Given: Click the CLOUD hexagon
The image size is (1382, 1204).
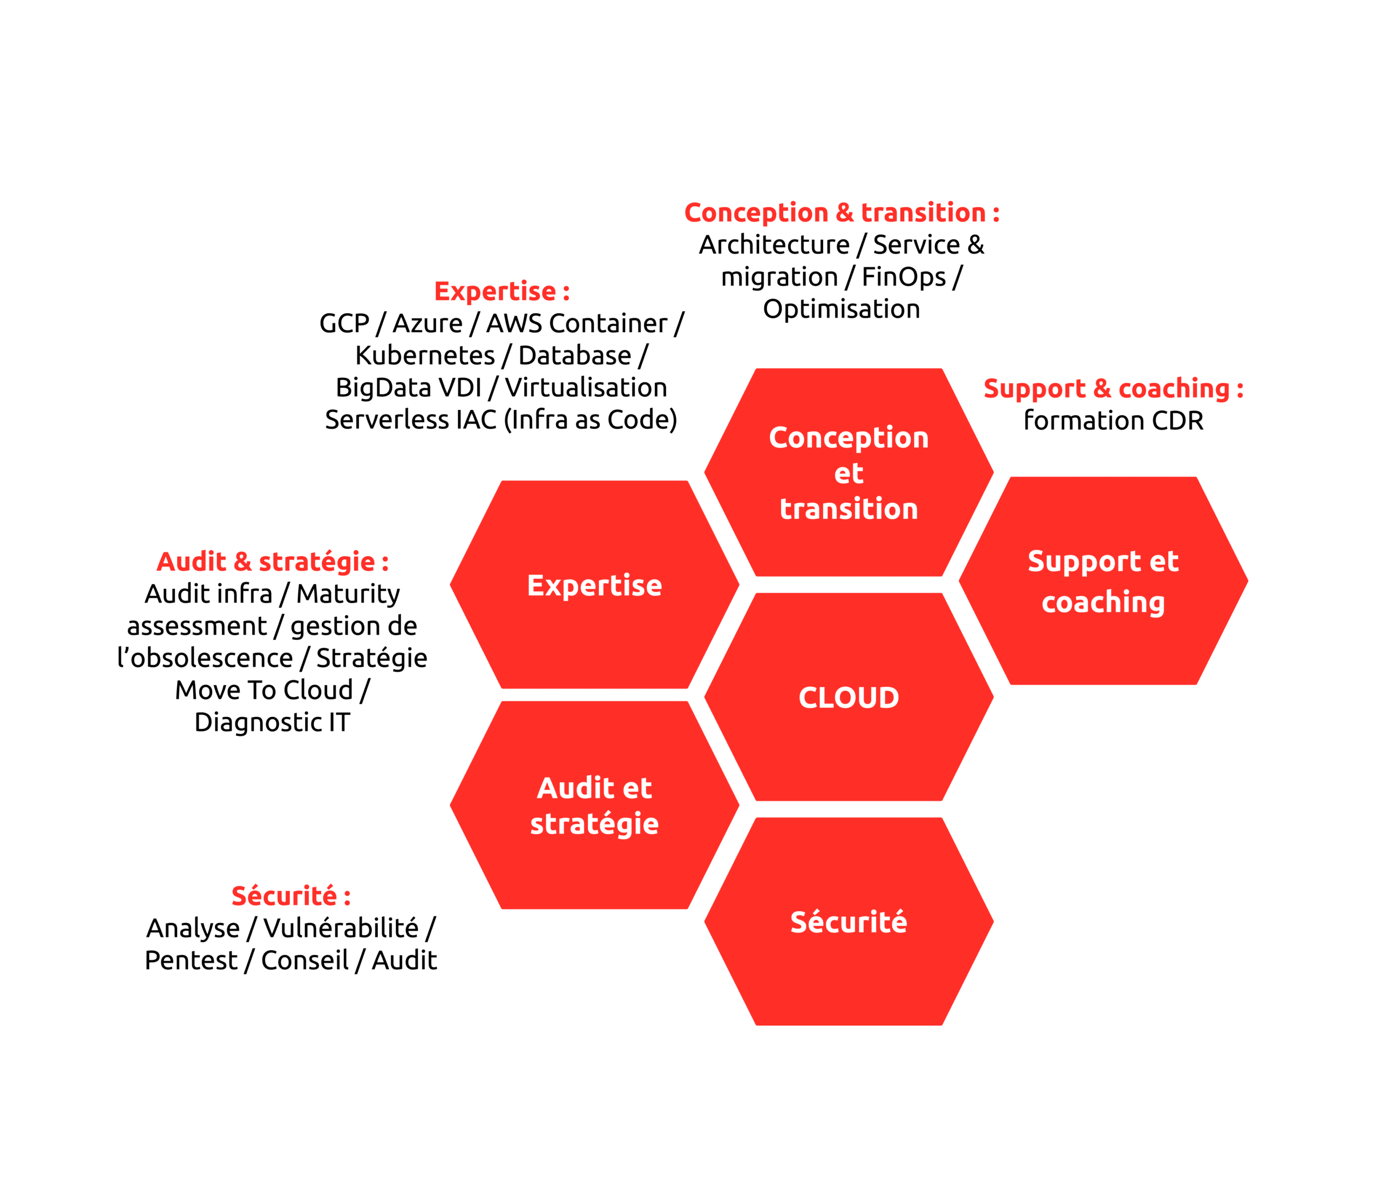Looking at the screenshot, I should [x=849, y=698].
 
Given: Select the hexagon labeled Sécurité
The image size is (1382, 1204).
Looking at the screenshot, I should [x=849, y=922].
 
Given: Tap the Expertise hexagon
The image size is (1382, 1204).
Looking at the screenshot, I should [x=594, y=585].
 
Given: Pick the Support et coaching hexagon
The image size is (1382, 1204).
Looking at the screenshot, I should [x=1103, y=581].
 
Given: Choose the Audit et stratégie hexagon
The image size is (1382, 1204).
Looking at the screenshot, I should [x=594, y=805].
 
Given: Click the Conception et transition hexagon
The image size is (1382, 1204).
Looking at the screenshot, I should [x=849, y=472].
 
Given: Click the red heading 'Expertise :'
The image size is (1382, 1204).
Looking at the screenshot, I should [x=502, y=292].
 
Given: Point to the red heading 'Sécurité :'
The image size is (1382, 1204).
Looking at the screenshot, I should [x=291, y=896].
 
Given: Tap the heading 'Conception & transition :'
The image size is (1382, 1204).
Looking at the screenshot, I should [x=842, y=212].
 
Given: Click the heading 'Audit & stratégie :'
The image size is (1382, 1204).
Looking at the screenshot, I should [x=273, y=562].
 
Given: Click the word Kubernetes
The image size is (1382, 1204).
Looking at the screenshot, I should [x=425, y=355].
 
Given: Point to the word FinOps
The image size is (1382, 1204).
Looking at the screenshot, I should [x=903, y=277].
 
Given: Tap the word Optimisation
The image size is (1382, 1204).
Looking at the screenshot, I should [x=841, y=309].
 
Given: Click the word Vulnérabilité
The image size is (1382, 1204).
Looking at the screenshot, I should [x=341, y=928].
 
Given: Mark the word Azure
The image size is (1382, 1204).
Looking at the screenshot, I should [x=428, y=323].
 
